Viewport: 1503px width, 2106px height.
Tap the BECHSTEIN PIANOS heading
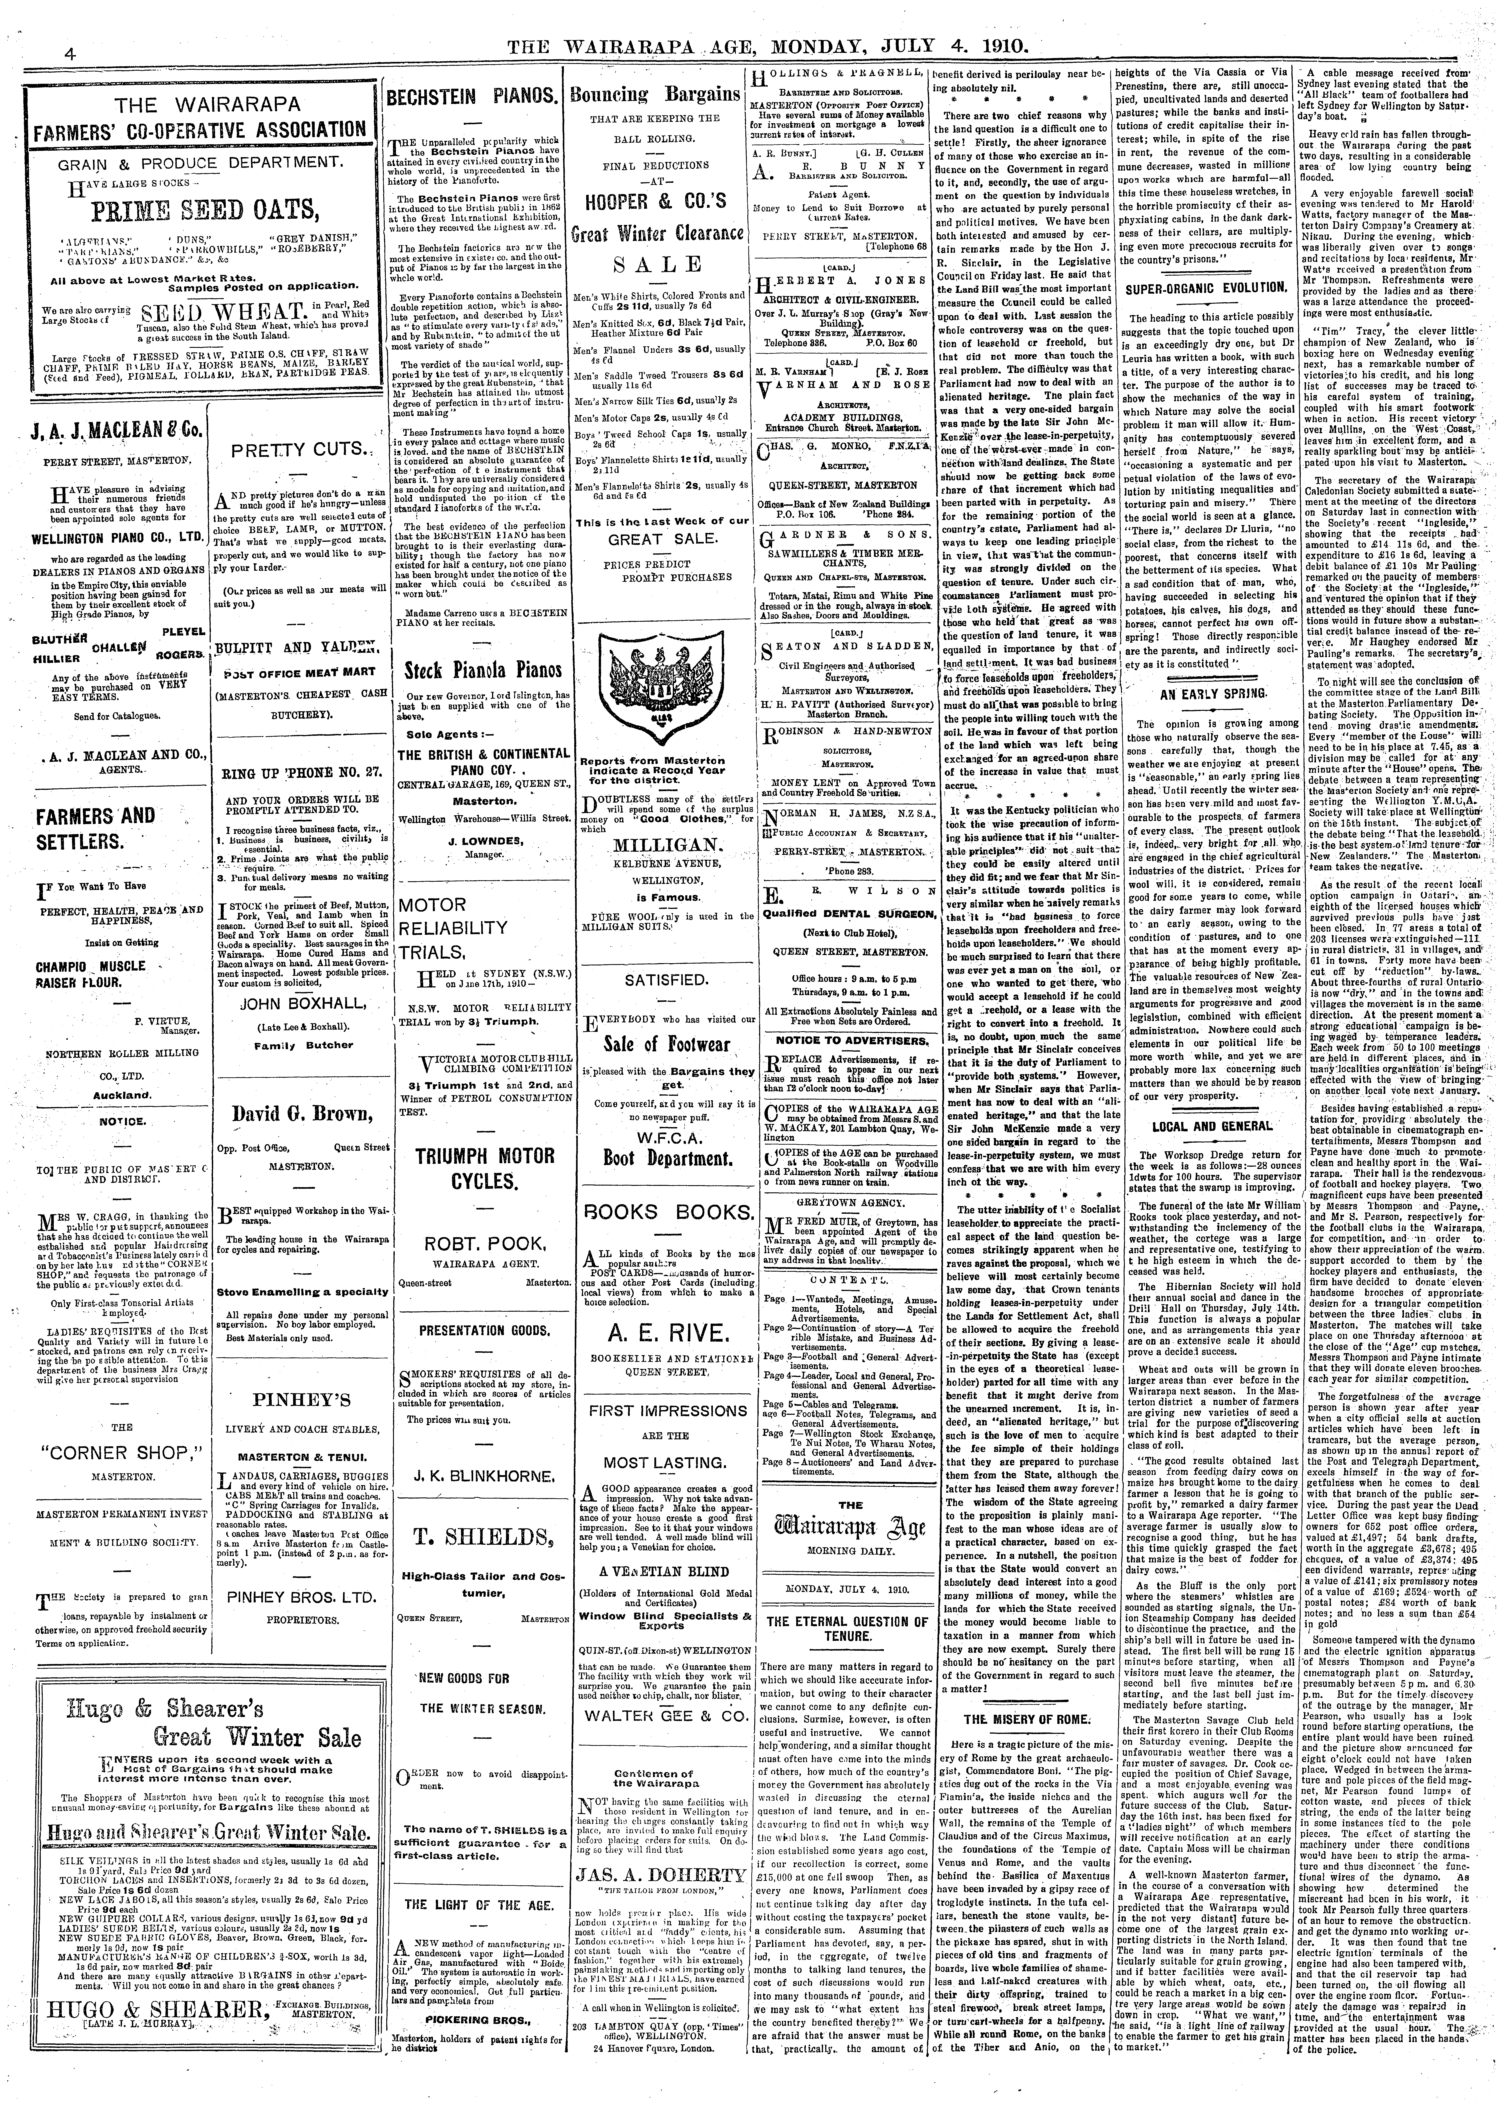pyautogui.click(x=470, y=95)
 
